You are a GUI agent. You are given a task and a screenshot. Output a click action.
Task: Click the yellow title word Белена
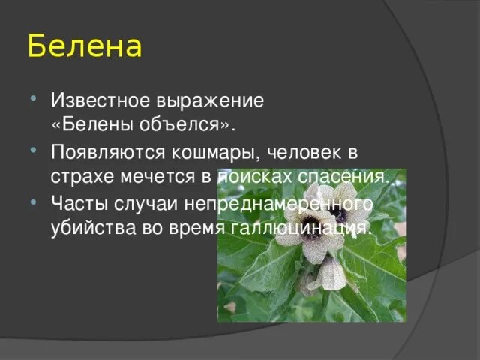pyautogui.click(x=84, y=46)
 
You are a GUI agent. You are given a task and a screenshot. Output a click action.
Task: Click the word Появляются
pyautogui.click(x=101, y=151)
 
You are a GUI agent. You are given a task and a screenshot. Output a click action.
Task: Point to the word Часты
pyautogui.click(x=76, y=203)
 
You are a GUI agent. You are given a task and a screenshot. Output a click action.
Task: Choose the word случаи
pyautogui.click(x=140, y=203)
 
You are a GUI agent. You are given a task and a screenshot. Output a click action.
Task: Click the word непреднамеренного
pyautogui.click(x=271, y=203)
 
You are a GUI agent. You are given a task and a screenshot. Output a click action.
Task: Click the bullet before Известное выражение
pyautogui.click(x=35, y=96)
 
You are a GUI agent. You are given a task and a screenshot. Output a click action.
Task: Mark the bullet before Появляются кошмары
pyautogui.click(x=35, y=148)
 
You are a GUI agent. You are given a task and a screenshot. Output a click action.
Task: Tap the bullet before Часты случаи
pyautogui.click(x=35, y=200)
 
